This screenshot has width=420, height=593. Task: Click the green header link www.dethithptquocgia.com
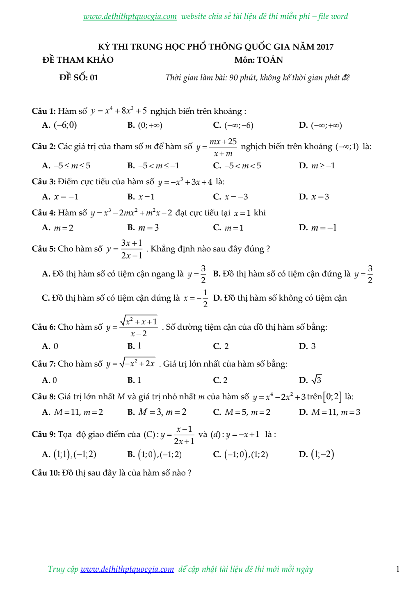pos(130,16)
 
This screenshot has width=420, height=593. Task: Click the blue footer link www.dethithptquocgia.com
pos(127,569)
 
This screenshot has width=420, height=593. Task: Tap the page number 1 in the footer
pos(397,569)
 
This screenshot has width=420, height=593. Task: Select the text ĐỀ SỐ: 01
pos(79,77)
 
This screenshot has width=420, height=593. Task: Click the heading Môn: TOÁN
pos(258,60)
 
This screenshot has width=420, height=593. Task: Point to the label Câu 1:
pos(43,111)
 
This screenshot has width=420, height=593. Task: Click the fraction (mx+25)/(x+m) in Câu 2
pos(223,147)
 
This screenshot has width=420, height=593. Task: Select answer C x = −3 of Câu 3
pos(236,197)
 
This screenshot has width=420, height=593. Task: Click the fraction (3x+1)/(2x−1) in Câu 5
pos(132,249)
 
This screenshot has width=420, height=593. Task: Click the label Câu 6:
pos(43,327)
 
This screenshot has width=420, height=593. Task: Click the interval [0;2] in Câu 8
pos(332,396)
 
